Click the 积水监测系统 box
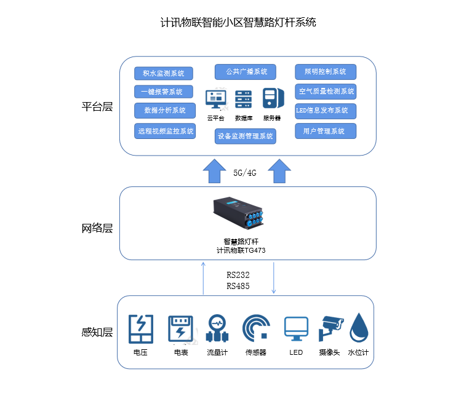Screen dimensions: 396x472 (x=163, y=74)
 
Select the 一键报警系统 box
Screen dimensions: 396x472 (x=163, y=92)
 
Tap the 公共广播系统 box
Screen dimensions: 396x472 (x=246, y=72)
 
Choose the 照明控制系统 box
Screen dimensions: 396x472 (x=326, y=72)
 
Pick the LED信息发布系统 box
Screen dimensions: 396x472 (x=326, y=111)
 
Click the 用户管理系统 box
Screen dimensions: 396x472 (x=326, y=131)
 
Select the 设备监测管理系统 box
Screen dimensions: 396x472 (x=246, y=136)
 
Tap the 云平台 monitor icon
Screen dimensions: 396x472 (x=215, y=100)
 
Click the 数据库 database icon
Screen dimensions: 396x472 (x=244, y=100)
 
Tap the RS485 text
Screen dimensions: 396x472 (x=238, y=286)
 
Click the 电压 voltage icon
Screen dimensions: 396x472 (x=140, y=329)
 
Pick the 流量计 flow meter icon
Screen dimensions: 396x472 (x=217, y=329)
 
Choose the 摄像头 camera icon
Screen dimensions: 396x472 (x=329, y=328)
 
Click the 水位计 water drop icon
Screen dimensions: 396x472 (x=358, y=328)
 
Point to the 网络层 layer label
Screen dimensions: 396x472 (x=97, y=228)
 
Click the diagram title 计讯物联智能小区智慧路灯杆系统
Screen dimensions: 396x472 (x=238, y=23)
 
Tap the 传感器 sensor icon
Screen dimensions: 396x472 (x=255, y=328)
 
